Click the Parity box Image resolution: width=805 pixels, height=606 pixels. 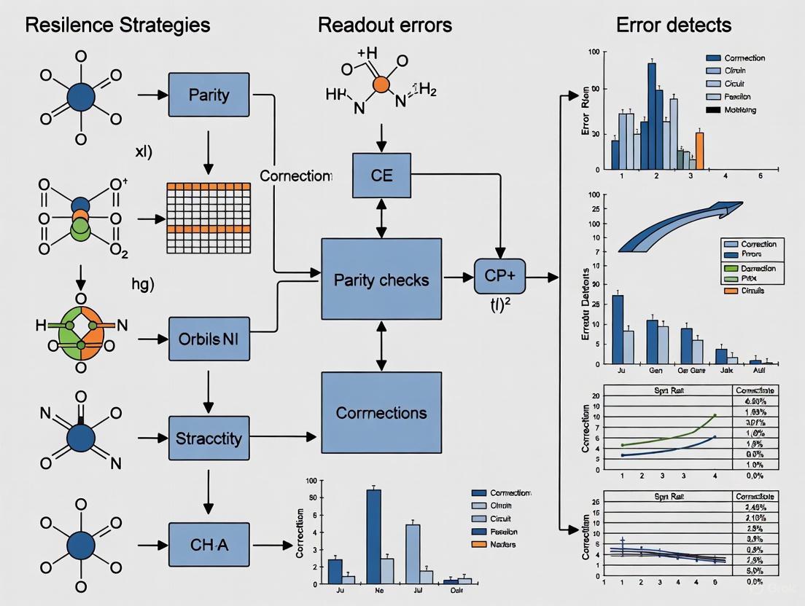click(x=209, y=95)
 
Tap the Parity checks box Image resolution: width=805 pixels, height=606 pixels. click(x=381, y=279)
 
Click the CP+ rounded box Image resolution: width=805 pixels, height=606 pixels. click(x=499, y=278)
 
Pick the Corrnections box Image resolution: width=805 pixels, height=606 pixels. click(x=381, y=412)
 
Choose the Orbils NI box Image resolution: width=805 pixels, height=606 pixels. click(x=209, y=339)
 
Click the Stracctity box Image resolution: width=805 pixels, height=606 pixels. click(x=209, y=438)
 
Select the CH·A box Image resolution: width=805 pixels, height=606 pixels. click(x=209, y=546)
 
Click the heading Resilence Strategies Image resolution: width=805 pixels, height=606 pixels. click(x=117, y=25)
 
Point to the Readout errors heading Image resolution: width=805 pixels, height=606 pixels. click(x=384, y=25)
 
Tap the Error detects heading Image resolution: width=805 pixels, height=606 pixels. click(x=673, y=25)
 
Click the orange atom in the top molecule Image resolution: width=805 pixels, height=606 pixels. click(x=380, y=84)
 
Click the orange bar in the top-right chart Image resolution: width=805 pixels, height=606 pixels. click(x=700, y=150)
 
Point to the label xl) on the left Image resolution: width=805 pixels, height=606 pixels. click(x=143, y=153)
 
